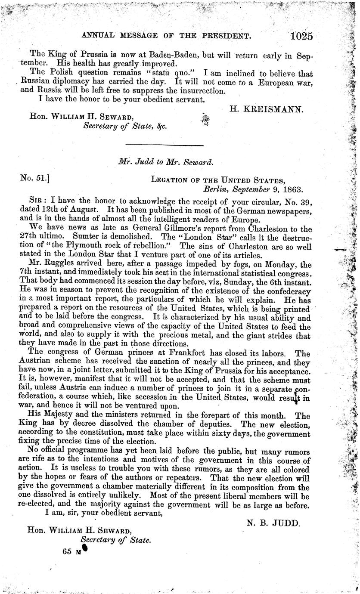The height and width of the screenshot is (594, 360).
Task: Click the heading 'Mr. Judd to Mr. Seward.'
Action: click(165, 162)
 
